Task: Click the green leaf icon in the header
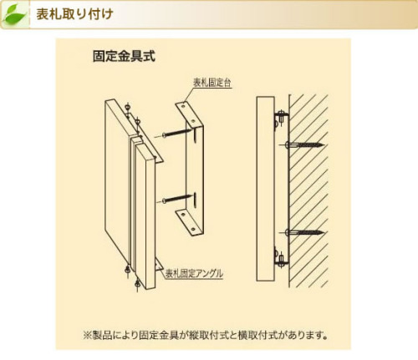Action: [x=14, y=14]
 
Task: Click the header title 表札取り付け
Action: [x=74, y=14]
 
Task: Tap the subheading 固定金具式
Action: [x=124, y=56]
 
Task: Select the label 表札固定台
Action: [x=212, y=83]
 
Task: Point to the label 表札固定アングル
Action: [x=194, y=274]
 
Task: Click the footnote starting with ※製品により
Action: [x=206, y=335]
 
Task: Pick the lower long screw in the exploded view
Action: [x=176, y=199]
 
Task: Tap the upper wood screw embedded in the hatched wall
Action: [x=304, y=145]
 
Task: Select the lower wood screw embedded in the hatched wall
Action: [x=304, y=232]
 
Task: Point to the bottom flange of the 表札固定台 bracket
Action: [x=189, y=223]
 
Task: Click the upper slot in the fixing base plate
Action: [x=195, y=134]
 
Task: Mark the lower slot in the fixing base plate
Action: [x=195, y=199]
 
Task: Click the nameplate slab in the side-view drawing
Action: [x=265, y=189]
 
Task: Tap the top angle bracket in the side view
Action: [x=281, y=119]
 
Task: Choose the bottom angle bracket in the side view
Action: [x=281, y=256]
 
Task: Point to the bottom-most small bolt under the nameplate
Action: [x=137, y=285]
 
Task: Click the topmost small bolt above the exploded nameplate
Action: [x=127, y=108]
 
